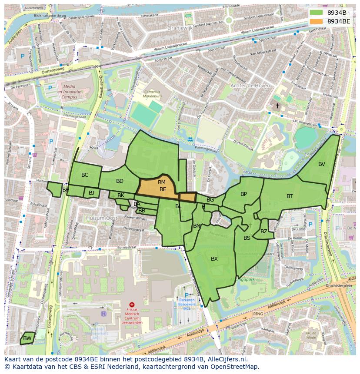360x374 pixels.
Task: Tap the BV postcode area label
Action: click(321, 164)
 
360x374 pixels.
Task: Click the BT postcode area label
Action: click(290, 196)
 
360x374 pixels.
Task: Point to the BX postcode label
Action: click(214, 259)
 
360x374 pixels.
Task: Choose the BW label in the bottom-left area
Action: click(27, 338)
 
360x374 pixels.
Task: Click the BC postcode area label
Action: click(85, 175)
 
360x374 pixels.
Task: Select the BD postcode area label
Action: click(120, 181)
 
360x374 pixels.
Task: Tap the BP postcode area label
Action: click(243, 194)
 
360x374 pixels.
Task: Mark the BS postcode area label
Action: click(247, 238)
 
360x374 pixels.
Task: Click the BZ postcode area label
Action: click(264, 232)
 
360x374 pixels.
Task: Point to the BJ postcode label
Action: click(91, 193)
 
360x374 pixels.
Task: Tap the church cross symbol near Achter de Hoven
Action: click(277, 106)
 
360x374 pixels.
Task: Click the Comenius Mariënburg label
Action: click(152, 95)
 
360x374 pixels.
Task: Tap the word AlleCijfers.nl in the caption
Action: click(226, 359)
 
